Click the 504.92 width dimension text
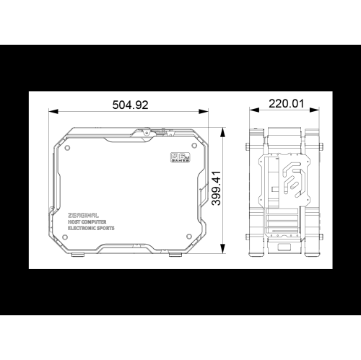click(x=131, y=105)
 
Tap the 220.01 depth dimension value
click(x=285, y=104)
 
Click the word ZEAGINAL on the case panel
click(x=83, y=215)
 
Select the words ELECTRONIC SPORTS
click(x=95, y=229)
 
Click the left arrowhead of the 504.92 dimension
click(x=51, y=111)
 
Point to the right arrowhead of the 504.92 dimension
click(x=208, y=111)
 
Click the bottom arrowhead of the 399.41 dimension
click(x=223, y=253)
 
